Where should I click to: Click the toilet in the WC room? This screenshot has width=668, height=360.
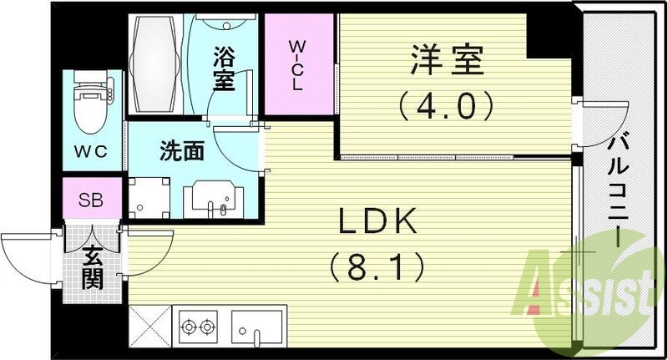tap(89, 105)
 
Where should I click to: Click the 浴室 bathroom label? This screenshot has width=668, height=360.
tap(224, 69)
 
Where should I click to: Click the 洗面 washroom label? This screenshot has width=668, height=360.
tap(182, 151)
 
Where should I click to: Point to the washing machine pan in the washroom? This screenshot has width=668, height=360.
tap(151, 198)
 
